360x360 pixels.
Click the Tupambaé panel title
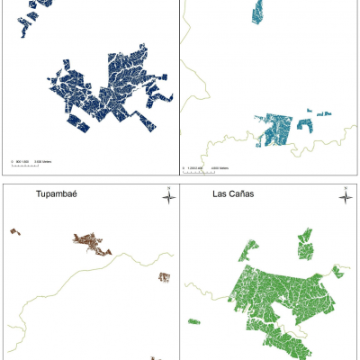click(x=56, y=193)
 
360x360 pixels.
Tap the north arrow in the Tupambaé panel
click(x=167, y=194)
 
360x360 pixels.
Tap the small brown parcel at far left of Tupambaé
click(x=14, y=231)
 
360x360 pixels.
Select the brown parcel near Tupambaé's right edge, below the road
click(x=164, y=278)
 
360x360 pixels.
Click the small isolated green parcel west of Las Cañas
click(x=193, y=320)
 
